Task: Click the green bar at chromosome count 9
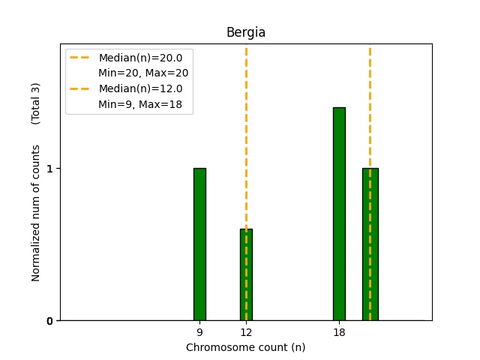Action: (199, 244)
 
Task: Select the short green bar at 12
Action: (246, 274)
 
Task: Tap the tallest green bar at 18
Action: (339, 214)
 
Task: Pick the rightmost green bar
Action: (370, 244)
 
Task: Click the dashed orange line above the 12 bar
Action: (246, 135)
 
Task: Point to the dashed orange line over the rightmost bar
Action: (370, 105)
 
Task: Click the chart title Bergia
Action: (246, 33)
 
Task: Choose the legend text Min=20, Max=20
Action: (143, 73)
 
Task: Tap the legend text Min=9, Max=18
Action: (140, 104)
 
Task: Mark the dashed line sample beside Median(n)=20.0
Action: (81, 58)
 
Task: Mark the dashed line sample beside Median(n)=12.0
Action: (81, 88)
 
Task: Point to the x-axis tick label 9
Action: (199, 332)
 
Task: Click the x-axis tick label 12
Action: (246, 332)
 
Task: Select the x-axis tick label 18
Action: (339, 332)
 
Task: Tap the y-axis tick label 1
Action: (49, 169)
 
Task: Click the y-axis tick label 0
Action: (49, 321)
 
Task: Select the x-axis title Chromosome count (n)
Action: (246, 347)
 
